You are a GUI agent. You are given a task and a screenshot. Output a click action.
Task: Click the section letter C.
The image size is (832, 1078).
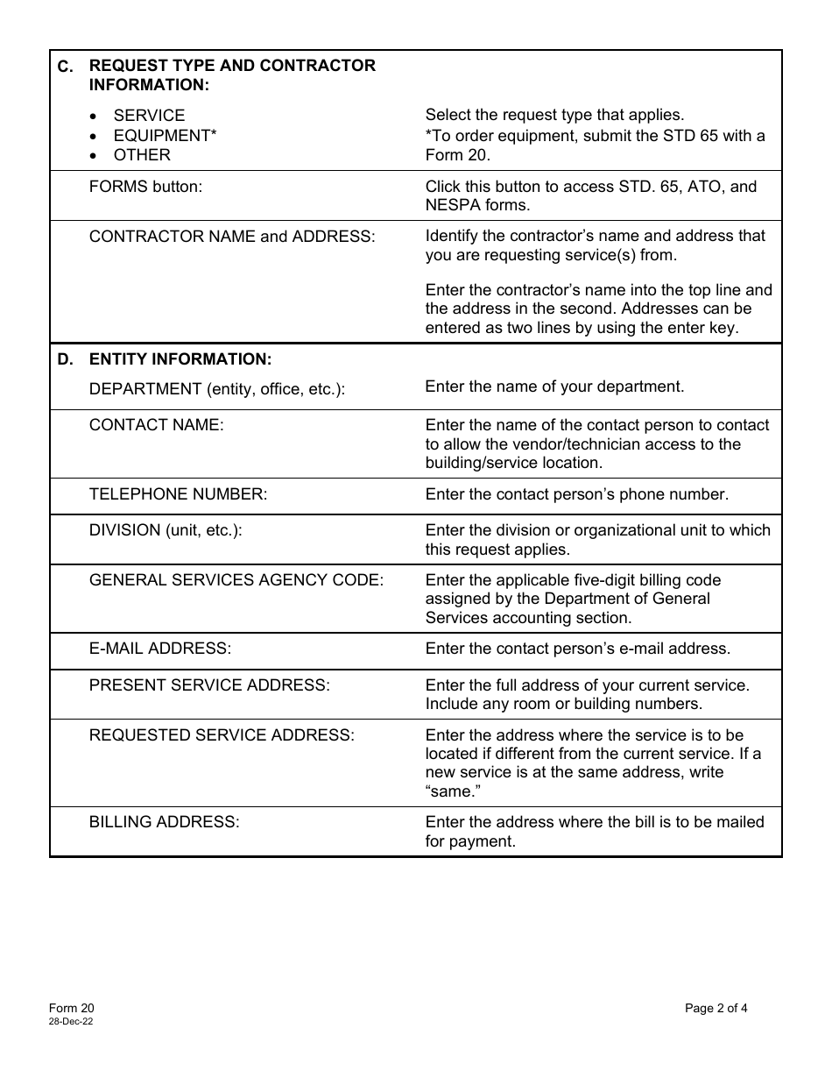(x=66, y=67)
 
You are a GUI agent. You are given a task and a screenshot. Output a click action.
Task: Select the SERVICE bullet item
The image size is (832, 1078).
(x=149, y=116)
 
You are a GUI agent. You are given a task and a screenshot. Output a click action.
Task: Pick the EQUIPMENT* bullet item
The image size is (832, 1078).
(x=165, y=135)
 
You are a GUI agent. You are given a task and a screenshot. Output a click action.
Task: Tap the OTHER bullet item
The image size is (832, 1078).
(x=142, y=154)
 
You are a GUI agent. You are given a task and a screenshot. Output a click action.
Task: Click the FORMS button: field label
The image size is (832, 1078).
(x=145, y=187)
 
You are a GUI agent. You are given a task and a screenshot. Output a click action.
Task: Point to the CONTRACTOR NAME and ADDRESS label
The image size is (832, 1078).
(x=231, y=237)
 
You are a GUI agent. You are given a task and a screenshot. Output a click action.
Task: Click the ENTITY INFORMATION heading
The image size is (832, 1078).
(x=180, y=359)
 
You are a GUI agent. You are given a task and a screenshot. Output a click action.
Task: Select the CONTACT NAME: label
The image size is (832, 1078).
(x=156, y=425)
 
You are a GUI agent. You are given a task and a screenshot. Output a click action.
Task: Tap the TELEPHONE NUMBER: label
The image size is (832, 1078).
(x=178, y=494)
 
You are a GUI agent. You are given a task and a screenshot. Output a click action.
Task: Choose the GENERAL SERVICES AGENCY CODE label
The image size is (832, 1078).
(x=236, y=580)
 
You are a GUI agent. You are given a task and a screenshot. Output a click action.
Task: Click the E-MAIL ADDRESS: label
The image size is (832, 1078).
(x=160, y=649)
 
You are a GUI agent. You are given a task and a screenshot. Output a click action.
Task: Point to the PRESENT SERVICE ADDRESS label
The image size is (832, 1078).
(x=209, y=685)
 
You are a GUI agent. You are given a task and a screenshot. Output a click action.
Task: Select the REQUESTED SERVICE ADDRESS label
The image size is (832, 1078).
(x=222, y=735)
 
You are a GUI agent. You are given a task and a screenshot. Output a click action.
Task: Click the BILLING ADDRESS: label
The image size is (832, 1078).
(x=164, y=822)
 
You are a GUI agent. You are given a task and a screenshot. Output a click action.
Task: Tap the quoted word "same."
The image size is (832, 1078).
(x=453, y=791)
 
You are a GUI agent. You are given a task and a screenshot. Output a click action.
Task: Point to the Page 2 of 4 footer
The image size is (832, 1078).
(x=716, y=1008)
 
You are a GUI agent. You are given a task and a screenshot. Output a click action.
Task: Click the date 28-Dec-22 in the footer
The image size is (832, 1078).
(x=71, y=1022)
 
